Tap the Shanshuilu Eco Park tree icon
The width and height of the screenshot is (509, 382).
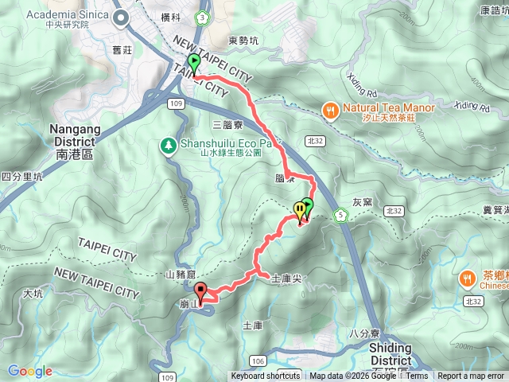click(x=169, y=144)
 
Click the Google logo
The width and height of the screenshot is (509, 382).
click(x=29, y=371)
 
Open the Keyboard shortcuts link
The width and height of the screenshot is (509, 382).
click(x=266, y=376)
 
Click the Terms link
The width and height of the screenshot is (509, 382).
click(x=418, y=376)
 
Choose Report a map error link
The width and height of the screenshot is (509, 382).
click(x=472, y=376)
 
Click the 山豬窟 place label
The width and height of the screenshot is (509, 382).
click(x=181, y=275)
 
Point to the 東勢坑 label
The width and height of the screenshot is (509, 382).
click(x=243, y=40)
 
